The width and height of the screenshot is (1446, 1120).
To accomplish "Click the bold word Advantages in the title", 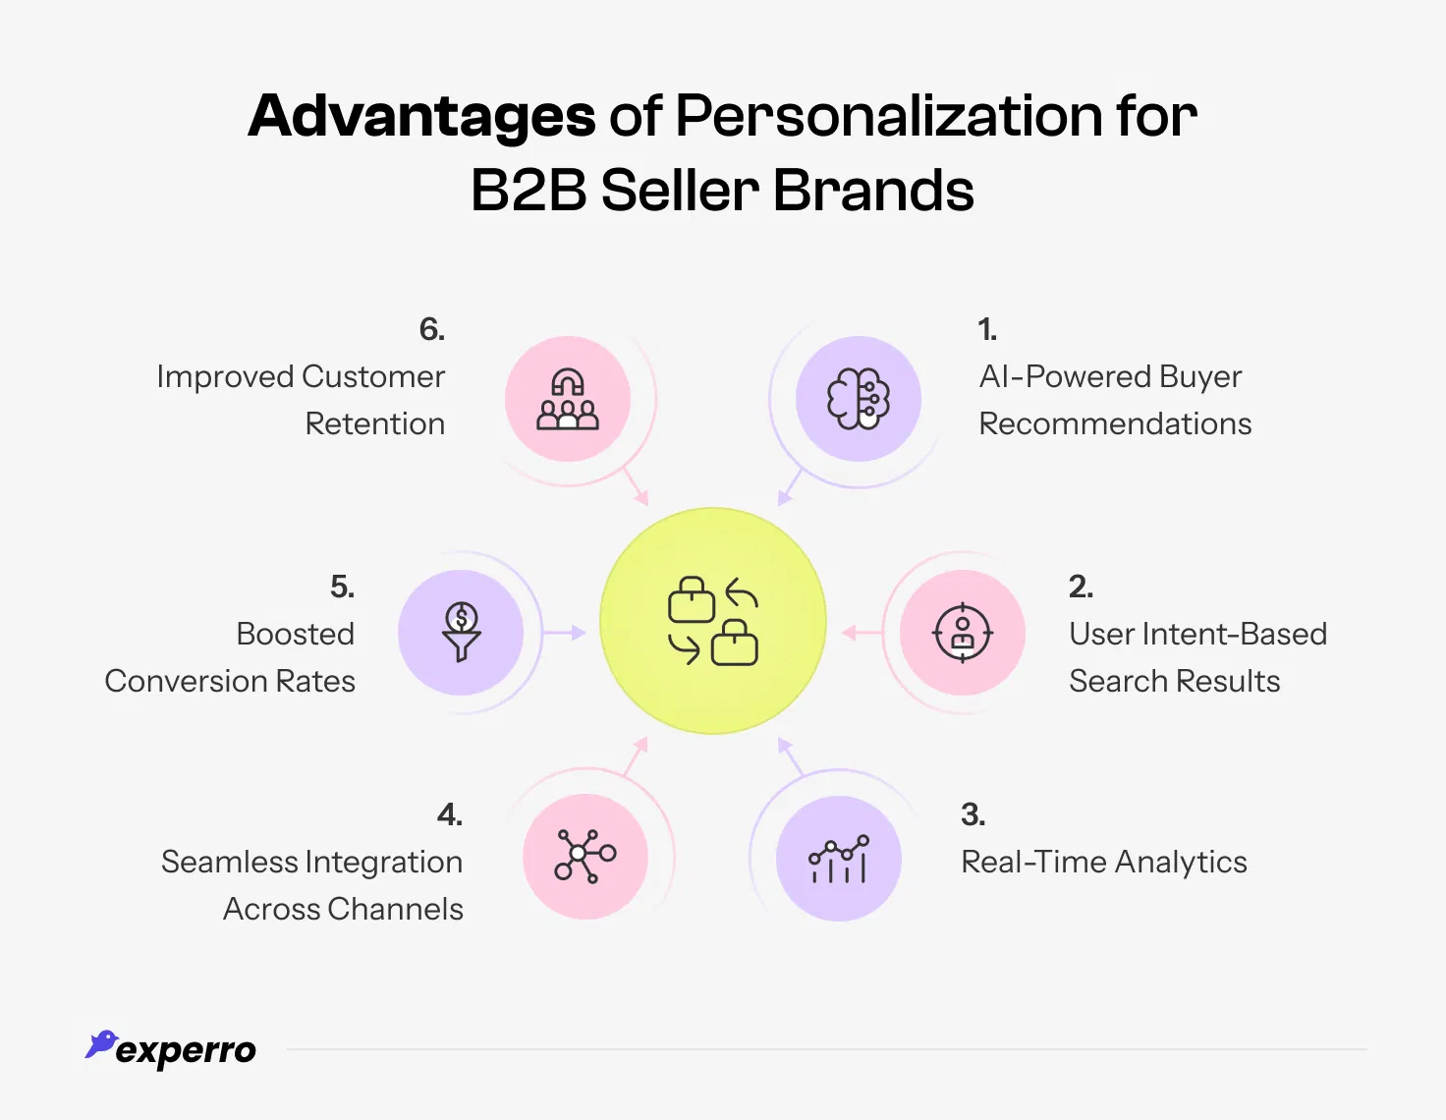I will point(421,117).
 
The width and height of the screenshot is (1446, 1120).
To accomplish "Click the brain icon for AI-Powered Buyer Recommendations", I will point(859,399).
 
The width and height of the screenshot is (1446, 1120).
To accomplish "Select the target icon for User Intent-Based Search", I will point(963,633).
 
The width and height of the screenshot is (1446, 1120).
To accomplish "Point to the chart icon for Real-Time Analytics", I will point(839,859).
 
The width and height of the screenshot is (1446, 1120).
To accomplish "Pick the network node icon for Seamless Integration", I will point(585,857).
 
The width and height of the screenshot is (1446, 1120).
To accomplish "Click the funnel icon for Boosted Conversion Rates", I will point(461,633).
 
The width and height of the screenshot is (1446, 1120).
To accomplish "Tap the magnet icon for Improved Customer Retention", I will point(568,399).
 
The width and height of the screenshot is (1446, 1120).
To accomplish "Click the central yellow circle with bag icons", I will point(713,621).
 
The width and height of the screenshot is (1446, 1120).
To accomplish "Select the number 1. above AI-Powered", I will point(987,330).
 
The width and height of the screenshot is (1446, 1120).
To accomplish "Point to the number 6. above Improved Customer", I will point(432,330).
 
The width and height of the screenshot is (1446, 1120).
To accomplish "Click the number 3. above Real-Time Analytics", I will point(973,814).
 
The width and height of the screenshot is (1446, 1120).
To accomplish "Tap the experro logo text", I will point(186,1051).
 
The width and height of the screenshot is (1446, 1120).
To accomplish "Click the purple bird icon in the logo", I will point(101,1044).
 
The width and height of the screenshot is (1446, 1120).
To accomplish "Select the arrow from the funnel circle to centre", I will point(564,633).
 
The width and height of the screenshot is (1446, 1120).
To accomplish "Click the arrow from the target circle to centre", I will point(862,633).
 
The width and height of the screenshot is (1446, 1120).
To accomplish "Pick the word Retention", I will point(375,423).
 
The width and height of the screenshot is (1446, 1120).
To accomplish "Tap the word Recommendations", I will point(1115,423).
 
